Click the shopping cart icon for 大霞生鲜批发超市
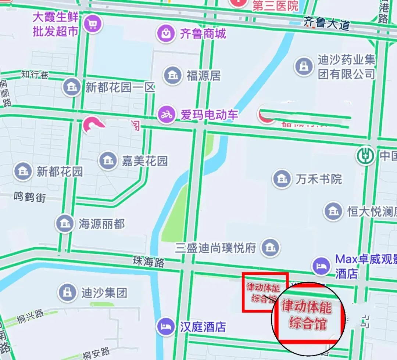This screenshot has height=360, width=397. click(92, 24)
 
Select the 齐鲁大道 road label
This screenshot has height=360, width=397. click(326, 23)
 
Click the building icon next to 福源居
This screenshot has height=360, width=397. click(172, 75)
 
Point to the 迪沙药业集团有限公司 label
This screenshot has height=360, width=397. click(346, 67)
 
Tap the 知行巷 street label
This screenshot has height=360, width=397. click(35, 75)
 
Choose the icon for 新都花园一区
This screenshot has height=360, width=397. click(71, 87)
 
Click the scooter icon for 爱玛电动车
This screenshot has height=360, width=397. click(167, 115)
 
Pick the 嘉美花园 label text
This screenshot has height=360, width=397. click(145, 161)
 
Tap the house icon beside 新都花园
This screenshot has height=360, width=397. click(23, 171)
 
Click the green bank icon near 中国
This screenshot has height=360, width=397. click(365, 155)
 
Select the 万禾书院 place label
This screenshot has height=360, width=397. click(319, 179)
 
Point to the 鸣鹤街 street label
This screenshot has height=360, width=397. click(30, 197)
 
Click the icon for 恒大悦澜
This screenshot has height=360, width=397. click(333, 211)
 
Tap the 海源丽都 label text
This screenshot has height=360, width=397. click(102, 224)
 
